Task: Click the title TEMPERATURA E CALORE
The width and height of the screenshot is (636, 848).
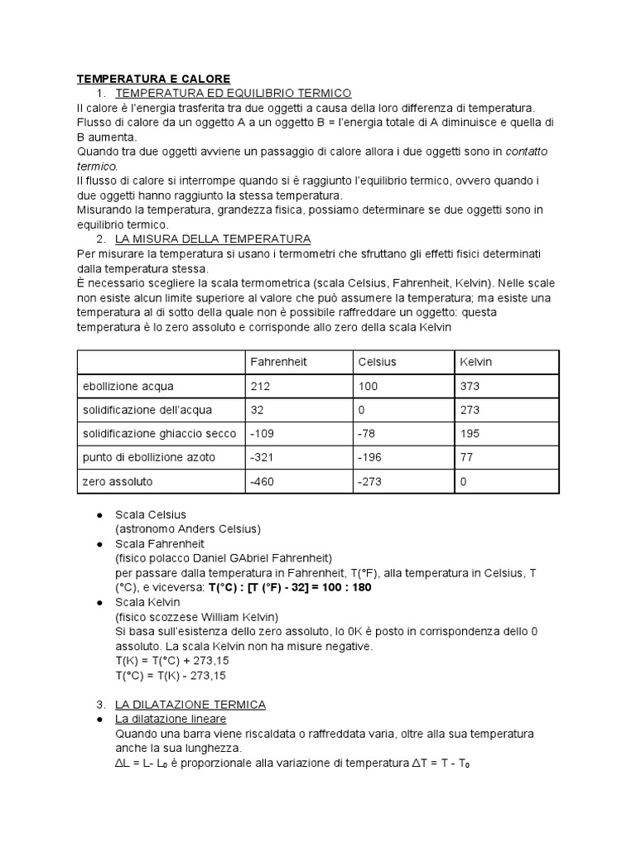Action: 153,79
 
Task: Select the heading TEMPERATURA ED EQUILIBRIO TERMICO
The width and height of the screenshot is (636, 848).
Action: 234,93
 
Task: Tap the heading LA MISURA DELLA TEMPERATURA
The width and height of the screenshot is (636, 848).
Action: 213,238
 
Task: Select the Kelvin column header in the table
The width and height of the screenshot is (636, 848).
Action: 475,363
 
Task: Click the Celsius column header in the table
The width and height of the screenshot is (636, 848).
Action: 377,363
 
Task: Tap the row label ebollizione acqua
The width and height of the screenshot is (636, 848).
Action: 128,386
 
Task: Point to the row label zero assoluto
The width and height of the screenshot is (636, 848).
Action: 118,481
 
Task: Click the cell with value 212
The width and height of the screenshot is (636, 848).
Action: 258,386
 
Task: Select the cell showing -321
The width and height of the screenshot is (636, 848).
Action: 261,457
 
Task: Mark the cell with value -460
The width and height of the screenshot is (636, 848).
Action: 262,481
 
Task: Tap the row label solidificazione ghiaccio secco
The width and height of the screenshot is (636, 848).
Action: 159,434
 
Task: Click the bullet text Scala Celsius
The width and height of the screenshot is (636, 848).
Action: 151,514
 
